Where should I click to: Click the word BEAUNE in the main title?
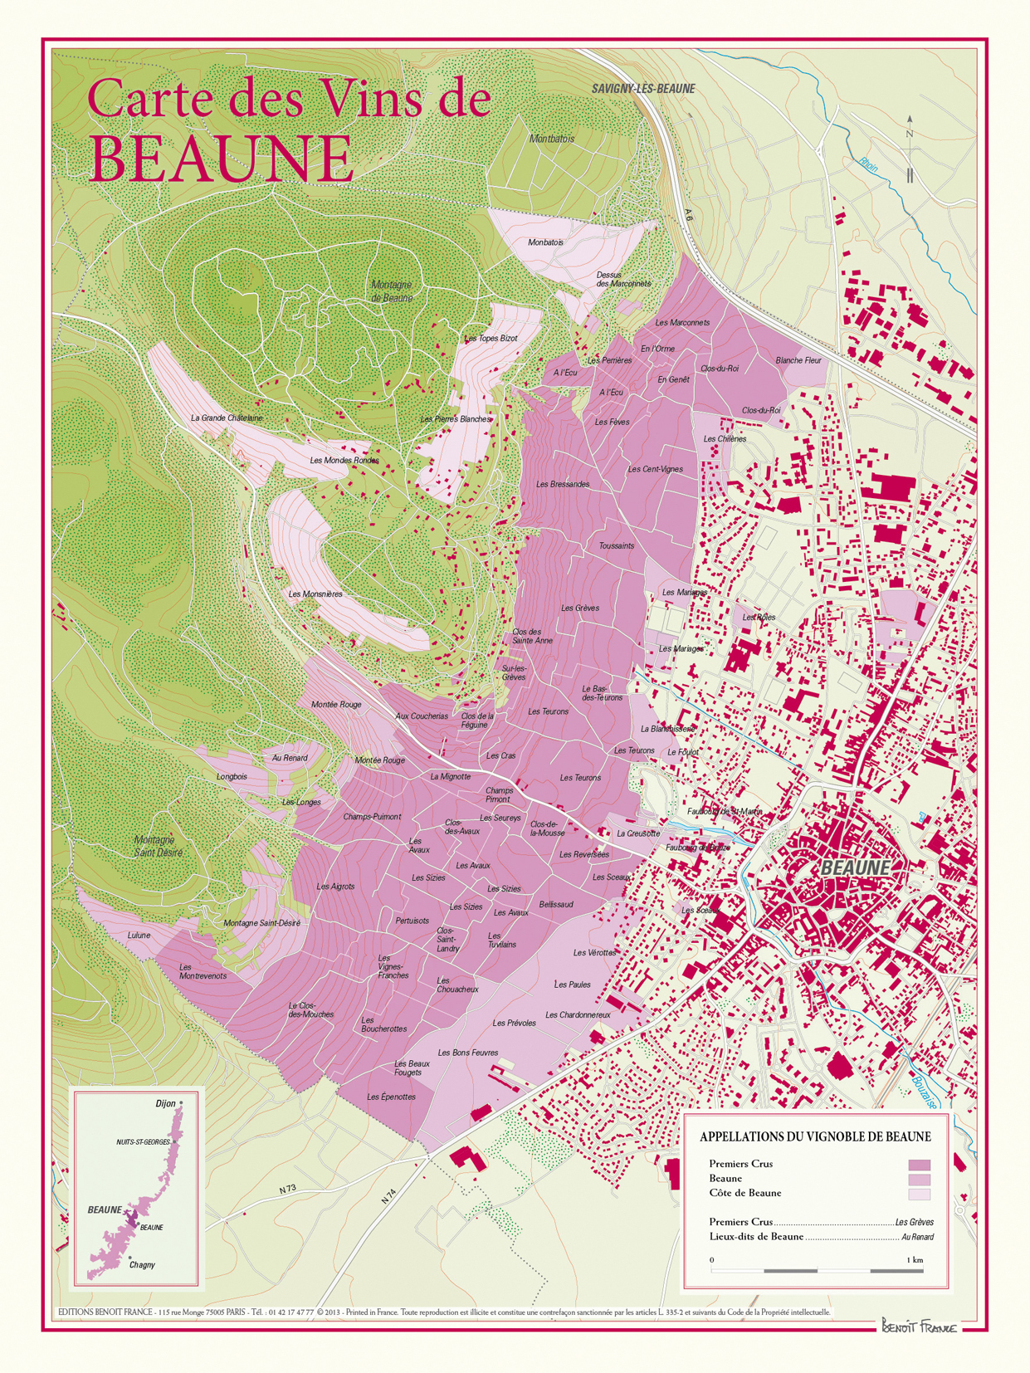tap(221, 158)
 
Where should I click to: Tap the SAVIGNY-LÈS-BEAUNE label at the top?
tap(643, 89)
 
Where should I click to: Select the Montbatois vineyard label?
tap(552, 139)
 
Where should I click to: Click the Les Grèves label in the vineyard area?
tap(579, 608)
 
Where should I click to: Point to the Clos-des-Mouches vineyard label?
tap(311, 1010)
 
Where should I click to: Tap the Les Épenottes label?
tap(391, 1097)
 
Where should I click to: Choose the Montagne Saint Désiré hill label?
tap(158, 846)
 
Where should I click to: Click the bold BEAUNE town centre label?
tap(855, 867)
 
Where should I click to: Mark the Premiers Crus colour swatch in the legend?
tap(919, 1165)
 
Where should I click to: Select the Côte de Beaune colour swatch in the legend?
tap(919, 1194)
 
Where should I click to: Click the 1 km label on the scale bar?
tap(915, 1260)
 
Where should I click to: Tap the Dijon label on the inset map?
tap(165, 1103)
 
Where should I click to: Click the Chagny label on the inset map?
tap(142, 1265)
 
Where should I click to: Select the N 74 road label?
tap(389, 1197)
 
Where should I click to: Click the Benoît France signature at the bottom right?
tap(919, 1326)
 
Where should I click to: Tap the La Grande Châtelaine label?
tap(227, 418)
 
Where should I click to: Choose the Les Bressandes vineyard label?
tap(563, 484)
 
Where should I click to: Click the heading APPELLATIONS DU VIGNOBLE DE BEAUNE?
tap(815, 1136)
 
